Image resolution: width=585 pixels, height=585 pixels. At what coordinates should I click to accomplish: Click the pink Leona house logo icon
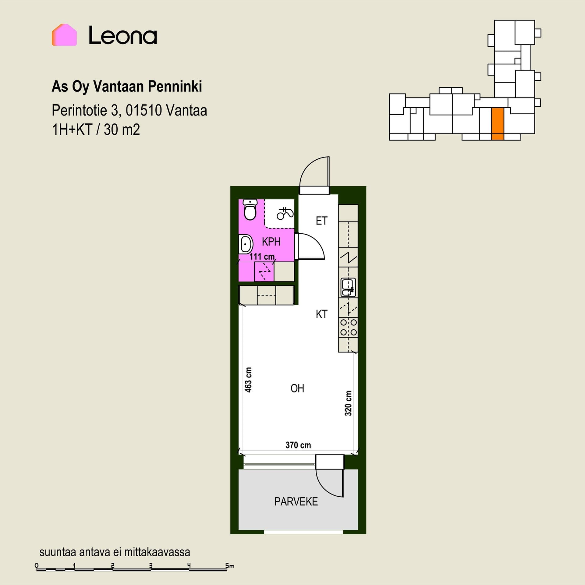(x=64, y=35)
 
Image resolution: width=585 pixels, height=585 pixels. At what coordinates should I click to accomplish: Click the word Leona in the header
(x=123, y=35)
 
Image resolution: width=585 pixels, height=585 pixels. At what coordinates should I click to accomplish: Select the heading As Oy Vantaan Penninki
(x=127, y=87)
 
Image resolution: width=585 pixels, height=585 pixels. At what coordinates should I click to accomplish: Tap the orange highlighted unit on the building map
(x=498, y=124)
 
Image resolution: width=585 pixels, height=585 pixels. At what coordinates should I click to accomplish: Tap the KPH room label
(x=271, y=242)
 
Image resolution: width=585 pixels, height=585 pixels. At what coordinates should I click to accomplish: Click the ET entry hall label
(x=321, y=221)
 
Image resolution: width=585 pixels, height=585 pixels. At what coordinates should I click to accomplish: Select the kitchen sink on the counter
(x=348, y=287)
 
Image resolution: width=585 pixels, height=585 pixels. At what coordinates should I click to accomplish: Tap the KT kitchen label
(x=321, y=314)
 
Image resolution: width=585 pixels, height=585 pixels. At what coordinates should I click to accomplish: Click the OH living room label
(x=297, y=388)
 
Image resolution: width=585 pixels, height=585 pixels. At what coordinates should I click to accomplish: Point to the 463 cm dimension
(x=248, y=380)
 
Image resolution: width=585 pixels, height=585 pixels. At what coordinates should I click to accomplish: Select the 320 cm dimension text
(x=348, y=403)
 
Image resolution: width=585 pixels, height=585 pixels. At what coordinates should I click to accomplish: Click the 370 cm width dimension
(x=298, y=445)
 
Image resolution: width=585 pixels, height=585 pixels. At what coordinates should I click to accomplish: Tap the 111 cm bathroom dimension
(x=262, y=257)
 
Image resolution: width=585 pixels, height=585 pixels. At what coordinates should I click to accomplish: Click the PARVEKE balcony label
(x=296, y=502)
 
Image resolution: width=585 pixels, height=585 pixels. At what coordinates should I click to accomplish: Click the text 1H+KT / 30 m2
(x=96, y=130)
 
